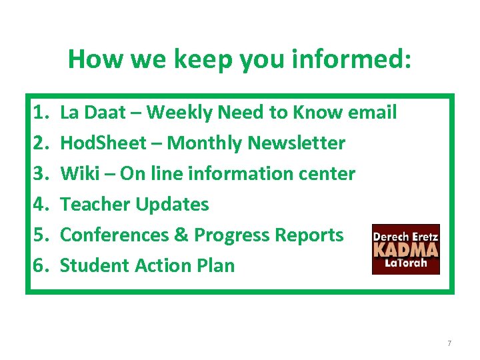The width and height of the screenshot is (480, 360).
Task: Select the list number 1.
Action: [x=40, y=113]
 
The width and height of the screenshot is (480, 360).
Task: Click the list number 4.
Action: [x=40, y=205]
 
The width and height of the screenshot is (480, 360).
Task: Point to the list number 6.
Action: [x=40, y=266]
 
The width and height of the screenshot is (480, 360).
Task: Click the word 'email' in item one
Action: [x=373, y=113]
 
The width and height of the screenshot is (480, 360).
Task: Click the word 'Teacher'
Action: [x=95, y=205]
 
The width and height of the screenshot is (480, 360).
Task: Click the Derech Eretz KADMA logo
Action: [x=405, y=249]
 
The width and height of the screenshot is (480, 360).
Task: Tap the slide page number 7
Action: [x=449, y=343]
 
